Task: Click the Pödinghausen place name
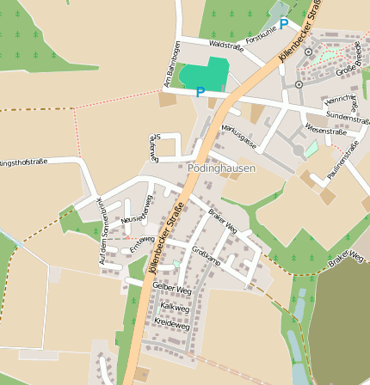coord(221,168)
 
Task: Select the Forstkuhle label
coord(261,39)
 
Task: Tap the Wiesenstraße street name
coord(325,131)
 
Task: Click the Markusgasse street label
coord(238,136)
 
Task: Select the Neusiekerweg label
coord(136,220)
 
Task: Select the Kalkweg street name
coord(175,306)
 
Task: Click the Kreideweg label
coord(171,326)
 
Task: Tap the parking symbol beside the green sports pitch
coord(200,92)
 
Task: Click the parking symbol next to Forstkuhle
coord(283,24)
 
